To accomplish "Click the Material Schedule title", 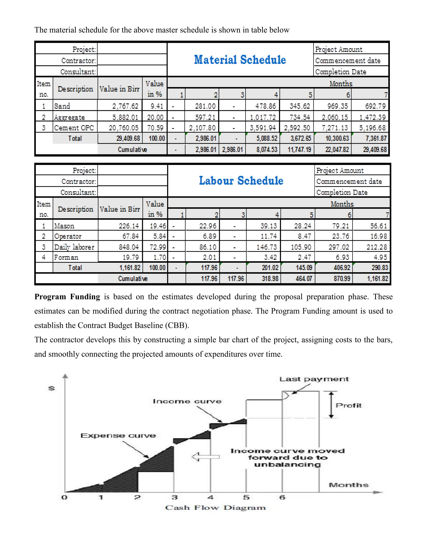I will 240,60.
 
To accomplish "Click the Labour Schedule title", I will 241,181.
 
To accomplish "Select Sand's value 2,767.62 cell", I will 125,106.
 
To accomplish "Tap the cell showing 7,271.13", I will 335,128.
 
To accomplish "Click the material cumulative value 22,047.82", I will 337,150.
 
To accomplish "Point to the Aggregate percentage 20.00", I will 155,117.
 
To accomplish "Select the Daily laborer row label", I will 74,247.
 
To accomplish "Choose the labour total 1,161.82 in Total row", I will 130,268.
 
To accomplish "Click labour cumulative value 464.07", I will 304,278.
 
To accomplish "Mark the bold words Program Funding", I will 67,297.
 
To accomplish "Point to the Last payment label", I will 314,379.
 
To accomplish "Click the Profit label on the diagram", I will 348,405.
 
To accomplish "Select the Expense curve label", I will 118,436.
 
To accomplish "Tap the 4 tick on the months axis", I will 211,497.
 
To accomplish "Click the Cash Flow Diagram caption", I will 215,508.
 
